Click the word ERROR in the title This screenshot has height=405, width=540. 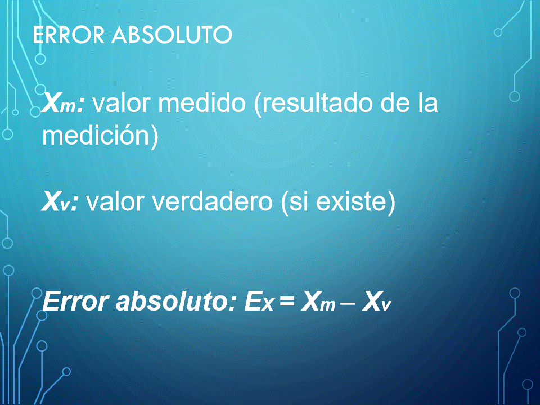[x=69, y=34]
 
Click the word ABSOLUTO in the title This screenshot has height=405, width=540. [x=172, y=34]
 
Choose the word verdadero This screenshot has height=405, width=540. [x=212, y=201]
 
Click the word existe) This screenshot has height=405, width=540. [x=355, y=201]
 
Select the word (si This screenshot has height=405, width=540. [x=294, y=201]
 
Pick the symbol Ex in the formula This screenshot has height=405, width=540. [x=259, y=301]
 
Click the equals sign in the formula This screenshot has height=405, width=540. [x=287, y=301]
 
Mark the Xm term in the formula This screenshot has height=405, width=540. [x=318, y=301]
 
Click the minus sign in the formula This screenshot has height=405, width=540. [x=348, y=303]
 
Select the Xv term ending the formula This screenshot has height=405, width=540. [x=376, y=301]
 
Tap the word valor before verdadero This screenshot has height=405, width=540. [x=115, y=201]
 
